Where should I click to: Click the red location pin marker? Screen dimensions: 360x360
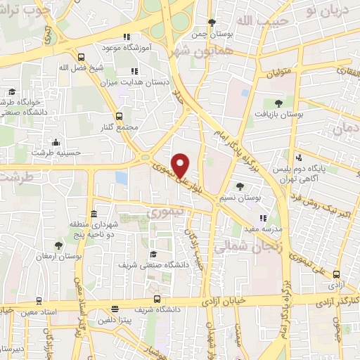point(181,165)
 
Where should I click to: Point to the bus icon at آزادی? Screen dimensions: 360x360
point(336,274)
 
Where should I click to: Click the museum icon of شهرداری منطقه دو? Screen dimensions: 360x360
point(94,213)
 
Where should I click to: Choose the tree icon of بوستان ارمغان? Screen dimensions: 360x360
point(58,245)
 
